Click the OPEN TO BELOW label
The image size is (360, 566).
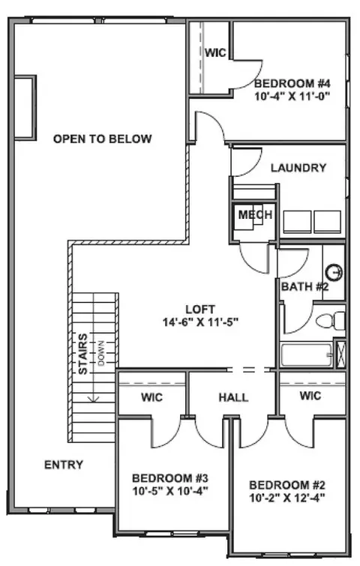pos(102,139)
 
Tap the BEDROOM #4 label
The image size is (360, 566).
pos(292,83)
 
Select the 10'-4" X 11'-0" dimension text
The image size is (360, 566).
pos(292,97)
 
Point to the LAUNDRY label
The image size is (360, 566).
pos(298,168)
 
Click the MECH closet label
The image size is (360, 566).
pos(255,214)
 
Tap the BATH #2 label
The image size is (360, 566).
pos(304,286)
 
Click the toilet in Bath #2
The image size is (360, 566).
pos(331,321)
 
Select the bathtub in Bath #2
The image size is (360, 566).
pos(307,355)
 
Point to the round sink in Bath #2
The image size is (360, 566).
pos(334,272)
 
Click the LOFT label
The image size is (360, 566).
pos(200,310)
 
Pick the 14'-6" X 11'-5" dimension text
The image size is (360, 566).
pos(200,322)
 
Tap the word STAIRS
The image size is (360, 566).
pos(83,354)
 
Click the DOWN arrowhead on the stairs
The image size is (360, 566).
pos(94,399)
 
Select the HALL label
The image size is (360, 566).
pos(233,397)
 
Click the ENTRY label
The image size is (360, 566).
pos(64,465)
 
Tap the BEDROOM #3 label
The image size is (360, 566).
pos(170,478)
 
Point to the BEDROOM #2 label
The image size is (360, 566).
pos(287,485)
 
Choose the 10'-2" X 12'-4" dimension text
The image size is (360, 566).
pos(287,498)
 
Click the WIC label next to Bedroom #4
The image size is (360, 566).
pos(215,52)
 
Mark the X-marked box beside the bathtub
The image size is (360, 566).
pos(340,353)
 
